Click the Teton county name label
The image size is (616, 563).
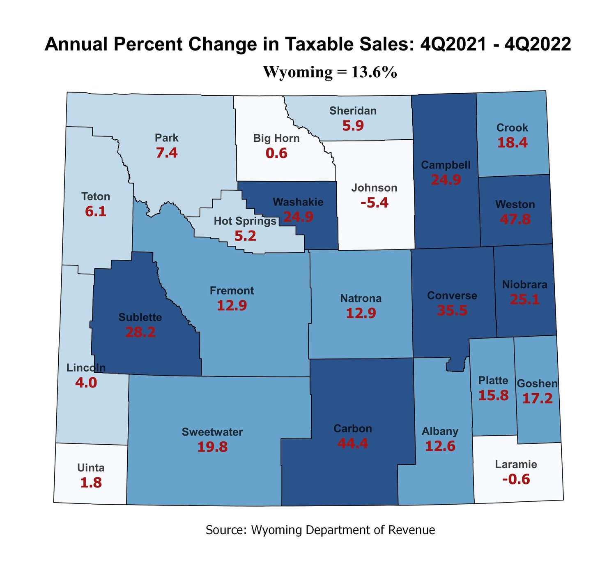tap(96, 196)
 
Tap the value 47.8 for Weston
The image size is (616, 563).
tap(515, 219)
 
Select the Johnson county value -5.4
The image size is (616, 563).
tap(374, 203)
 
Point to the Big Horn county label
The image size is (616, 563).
tap(276, 138)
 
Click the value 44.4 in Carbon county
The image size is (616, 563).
tap(352, 443)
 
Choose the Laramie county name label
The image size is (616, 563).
tap(516, 464)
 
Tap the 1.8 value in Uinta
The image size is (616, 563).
tap(91, 483)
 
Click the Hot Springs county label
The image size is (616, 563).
tap(245, 221)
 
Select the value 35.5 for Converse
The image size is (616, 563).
tap(452, 310)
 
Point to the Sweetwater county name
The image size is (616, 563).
tap(212, 432)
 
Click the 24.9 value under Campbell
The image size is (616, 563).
tap(446, 180)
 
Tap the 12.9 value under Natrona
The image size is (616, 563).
tap(361, 314)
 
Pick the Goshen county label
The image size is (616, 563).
tap(537, 383)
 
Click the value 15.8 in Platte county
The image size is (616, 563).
tap(493, 395)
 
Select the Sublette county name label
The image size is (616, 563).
tap(140, 317)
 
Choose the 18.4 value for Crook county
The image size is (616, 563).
tap(512, 143)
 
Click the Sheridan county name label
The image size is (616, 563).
tap(353, 111)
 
